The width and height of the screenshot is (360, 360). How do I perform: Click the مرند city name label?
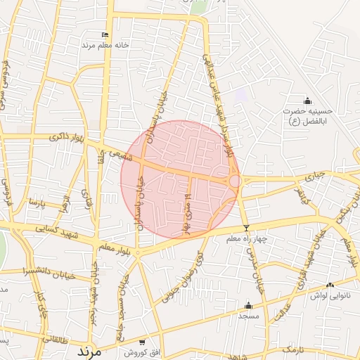89,349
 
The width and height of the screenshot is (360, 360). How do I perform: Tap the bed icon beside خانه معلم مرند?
105,34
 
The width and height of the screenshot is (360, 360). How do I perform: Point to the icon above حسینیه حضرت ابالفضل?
307,101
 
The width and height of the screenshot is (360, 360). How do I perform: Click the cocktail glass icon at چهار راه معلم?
246,228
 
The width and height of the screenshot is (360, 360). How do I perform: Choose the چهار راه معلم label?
247,239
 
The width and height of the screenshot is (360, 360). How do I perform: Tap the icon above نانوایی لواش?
330,285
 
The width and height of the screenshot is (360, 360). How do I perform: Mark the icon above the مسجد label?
247,305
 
